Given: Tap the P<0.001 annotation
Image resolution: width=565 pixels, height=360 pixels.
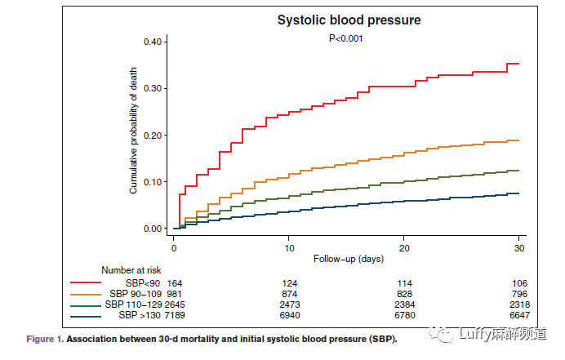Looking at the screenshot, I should pyautogui.click(x=345, y=38).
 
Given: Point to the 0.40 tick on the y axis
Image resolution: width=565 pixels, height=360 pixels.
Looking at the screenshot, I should pyautogui.click(x=155, y=42).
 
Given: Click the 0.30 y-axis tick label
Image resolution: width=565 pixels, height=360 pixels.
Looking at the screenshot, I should pyautogui.click(x=155, y=88).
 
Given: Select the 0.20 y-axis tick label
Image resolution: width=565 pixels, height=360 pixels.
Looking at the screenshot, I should pyautogui.click(x=155, y=135).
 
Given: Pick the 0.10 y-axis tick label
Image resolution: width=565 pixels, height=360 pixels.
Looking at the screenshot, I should pyautogui.click(x=155, y=181).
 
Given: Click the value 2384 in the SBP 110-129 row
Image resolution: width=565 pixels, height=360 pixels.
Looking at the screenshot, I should pyautogui.click(x=403, y=304).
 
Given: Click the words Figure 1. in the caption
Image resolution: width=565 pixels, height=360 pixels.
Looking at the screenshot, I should pyautogui.click(x=45, y=338).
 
